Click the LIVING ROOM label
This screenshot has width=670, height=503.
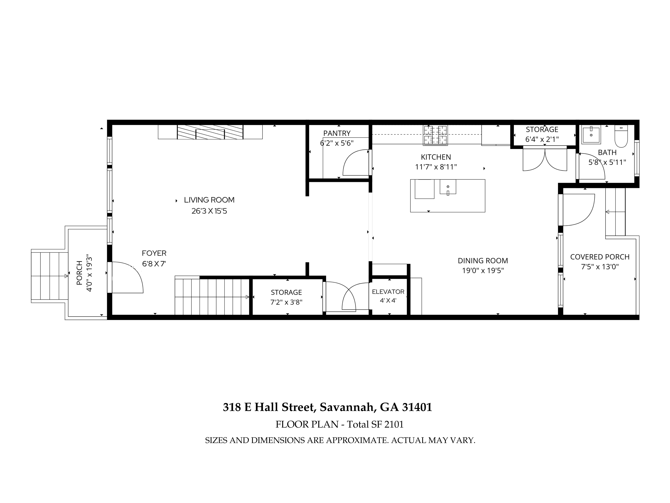(x=209, y=200)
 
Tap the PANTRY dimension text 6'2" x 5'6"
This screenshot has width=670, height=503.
(x=337, y=143)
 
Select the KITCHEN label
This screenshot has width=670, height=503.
(x=436, y=157)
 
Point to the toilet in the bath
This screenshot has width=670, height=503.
(x=621, y=136)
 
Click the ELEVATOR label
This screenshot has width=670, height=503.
(x=388, y=292)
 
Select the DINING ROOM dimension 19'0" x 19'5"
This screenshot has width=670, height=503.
(x=483, y=270)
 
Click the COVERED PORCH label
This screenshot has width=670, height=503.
(x=600, y=257)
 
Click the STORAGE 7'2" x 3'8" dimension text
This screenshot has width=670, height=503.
(x=286, y=302)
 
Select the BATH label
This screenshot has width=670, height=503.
(x=607, y=153)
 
